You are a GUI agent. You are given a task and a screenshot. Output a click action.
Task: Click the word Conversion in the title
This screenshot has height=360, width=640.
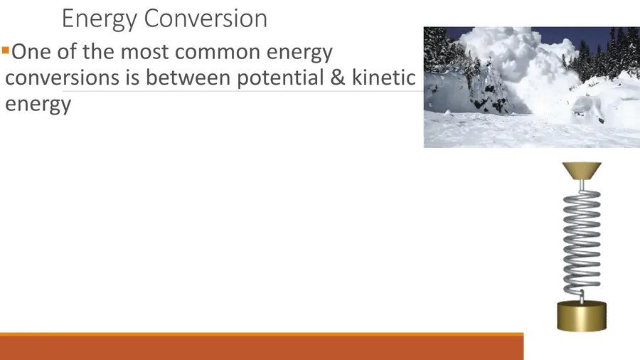point(206,18)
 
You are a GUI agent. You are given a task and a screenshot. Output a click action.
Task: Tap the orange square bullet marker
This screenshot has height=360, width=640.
point(5,51)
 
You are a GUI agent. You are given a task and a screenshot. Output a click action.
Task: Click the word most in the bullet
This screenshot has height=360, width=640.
point(144,52)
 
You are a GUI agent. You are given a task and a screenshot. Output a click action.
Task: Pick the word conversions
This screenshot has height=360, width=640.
point(62,78)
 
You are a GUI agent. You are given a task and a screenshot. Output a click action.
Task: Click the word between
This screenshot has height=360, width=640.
point(188,77)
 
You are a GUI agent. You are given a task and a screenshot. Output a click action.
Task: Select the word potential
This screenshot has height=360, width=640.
point(280,78)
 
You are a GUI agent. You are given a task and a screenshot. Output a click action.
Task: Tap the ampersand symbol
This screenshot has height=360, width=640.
point(338,77)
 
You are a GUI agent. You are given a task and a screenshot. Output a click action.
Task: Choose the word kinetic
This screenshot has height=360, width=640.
point(384,77)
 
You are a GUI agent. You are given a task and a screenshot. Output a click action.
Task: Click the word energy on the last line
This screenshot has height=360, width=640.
point(38,105)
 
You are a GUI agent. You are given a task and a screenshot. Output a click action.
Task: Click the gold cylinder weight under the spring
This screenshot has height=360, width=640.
point(582,315)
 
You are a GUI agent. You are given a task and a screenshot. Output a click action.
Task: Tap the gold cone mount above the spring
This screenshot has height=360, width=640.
point(582,171)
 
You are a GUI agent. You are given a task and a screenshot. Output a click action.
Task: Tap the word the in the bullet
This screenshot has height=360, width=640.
point(99,52)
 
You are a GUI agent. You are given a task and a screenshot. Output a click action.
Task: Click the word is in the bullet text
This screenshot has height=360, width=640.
point(132,77)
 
